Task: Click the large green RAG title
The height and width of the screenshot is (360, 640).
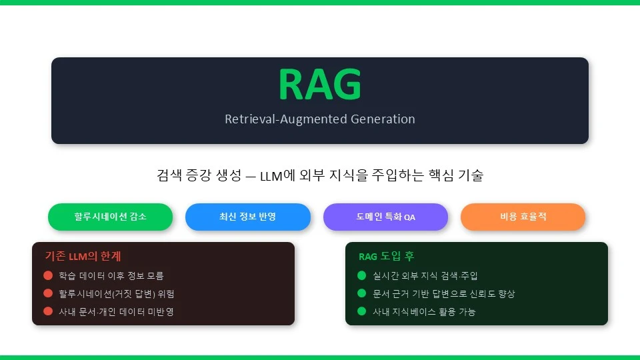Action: (320, 84)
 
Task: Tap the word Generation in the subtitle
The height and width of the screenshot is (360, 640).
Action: (383, 119)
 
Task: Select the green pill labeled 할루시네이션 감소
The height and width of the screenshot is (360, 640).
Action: (110, 217)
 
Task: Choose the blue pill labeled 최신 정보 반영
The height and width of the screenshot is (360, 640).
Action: (248, 217)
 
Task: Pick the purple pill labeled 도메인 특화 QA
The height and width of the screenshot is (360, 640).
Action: (386, 217)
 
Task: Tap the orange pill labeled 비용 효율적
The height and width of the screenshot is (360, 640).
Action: (523, 217)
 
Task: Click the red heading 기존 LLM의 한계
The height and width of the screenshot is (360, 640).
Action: (83, 256)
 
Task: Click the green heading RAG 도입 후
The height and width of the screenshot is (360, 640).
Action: (387, 256)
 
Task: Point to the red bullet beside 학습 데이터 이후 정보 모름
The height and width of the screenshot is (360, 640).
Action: (48, 275)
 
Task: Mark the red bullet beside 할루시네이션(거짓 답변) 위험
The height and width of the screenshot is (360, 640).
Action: (48, 293)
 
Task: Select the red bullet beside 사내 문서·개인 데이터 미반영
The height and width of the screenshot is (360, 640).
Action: (48, 311)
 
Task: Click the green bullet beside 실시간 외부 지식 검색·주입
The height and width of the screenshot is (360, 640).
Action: (361, 275)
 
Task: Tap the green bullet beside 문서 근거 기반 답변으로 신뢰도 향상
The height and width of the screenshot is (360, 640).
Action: (361, 293)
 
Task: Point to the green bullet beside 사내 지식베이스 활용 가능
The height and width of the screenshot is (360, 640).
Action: (361, 311)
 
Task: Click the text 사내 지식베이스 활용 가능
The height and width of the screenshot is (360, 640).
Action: (424, 312)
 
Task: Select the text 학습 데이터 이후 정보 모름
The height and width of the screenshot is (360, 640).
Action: (111, 276)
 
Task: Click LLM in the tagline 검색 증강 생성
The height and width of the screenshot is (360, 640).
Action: (271, 176)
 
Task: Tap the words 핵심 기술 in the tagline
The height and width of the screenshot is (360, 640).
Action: (455, 175)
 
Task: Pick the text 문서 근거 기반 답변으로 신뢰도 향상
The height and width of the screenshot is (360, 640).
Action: (444, 294)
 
